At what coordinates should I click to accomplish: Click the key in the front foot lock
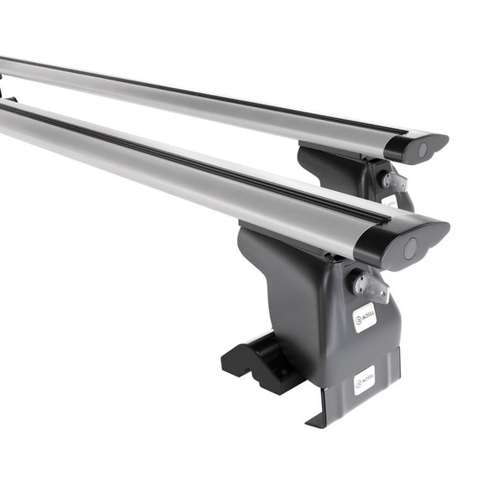[x=373, y=288]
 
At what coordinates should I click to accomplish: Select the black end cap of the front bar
[x=401, y=241]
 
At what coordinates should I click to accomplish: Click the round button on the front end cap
[x=410, y=248]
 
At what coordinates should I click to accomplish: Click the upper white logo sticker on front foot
[x=364, y=317]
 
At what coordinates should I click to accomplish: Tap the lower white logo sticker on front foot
[x=365, y=380]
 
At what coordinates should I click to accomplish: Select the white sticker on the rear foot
[x=390, y=202]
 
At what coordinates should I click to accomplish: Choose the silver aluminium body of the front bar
[x=168, y=176]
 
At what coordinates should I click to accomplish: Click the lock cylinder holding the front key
[x=359, y=282]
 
